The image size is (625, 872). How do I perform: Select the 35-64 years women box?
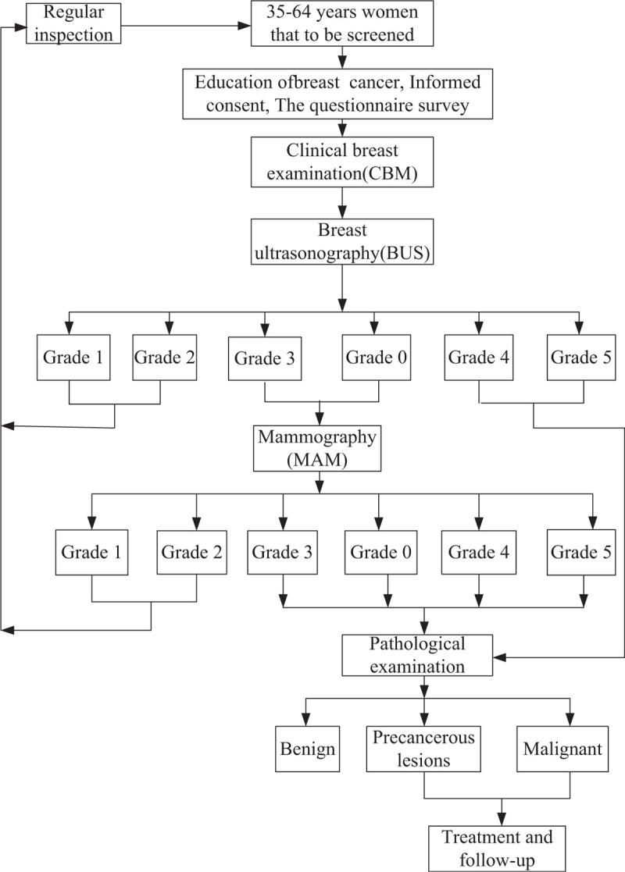tap(341, 23)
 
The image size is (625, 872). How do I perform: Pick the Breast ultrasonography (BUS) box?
tap(341, 244)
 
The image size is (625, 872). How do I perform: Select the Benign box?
tap(305, 749)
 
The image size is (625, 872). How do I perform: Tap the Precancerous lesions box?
tap(423, 749)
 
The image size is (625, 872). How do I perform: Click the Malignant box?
tap(570, 749)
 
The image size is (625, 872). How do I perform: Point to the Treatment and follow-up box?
tap(498, 848)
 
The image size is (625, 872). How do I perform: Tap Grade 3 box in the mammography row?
tap(283, 552)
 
